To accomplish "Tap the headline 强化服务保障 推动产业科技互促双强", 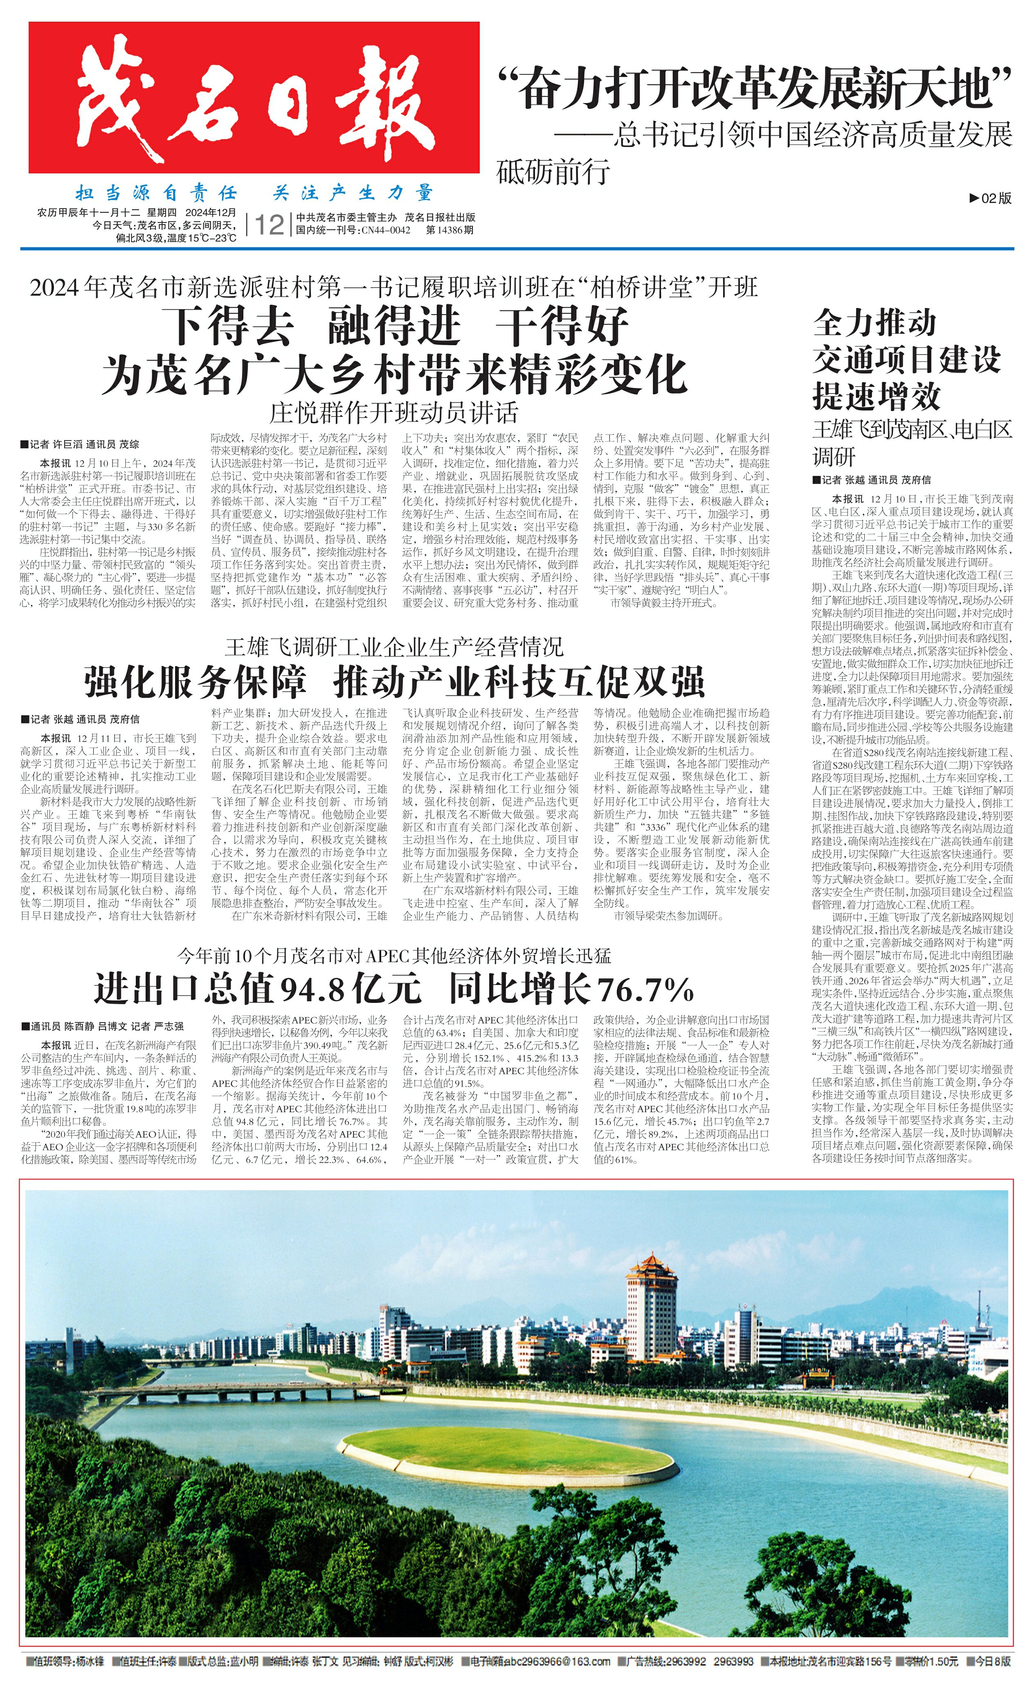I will pos(394,682).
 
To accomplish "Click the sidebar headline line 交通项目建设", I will pos(906,360).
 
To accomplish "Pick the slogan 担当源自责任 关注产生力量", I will pos(254,193).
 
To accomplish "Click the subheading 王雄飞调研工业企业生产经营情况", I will pos(394,646).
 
